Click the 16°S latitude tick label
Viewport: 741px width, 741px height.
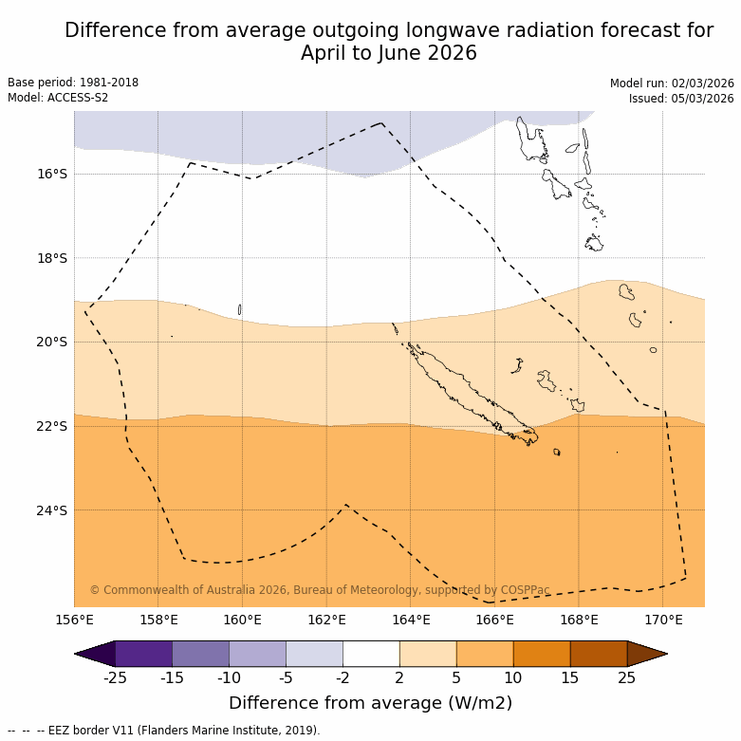(x=52, y=174)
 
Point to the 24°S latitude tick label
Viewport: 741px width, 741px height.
(x=52, y=510)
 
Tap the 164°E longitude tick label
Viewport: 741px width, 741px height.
(x=411, y=621)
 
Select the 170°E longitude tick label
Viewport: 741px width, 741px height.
(x=663, y=621)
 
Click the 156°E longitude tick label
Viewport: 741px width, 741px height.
(x=74, y=621)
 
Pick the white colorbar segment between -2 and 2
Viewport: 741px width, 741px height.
(x=371, y=654)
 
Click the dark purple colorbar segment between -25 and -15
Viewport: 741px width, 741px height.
(x=143, y=654)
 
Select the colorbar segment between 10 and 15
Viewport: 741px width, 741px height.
(x=542, y=654)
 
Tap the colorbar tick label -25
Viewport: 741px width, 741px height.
(x=116, y=677)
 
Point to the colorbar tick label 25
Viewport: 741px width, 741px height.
(x=627, y=677)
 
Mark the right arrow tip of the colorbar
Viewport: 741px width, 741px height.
(x=665, y=654)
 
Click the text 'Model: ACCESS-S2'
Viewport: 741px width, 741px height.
(x=58, y=98)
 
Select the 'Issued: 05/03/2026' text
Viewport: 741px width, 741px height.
(x=681, y=98)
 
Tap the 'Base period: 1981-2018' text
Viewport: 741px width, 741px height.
(x=73, y=83)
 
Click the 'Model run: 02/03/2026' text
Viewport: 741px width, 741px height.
(x=672, y=83)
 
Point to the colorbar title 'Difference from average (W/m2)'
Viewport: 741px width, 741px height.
(x=370, y=703)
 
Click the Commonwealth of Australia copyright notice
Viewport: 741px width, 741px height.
(x=320, y=590)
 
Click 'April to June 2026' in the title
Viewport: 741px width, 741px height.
(x=389, y=53)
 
